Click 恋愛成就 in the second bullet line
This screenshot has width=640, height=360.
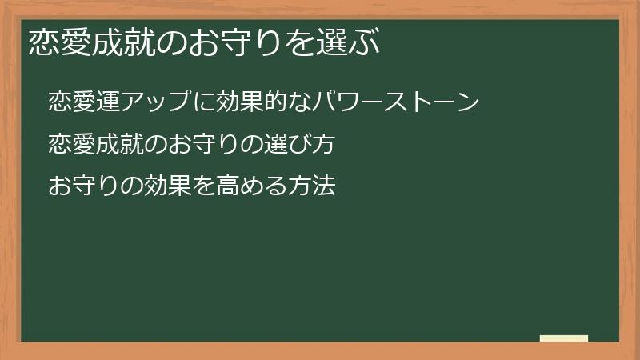point(94,145)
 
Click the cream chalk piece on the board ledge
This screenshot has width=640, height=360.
point(563,338)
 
